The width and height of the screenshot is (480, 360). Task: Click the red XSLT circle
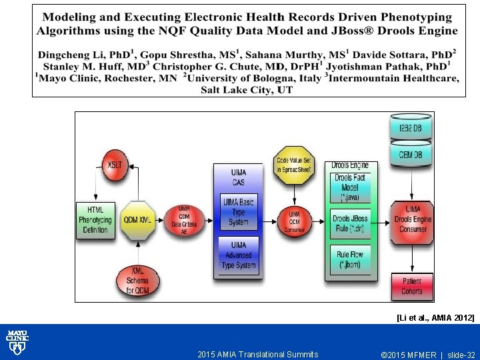[x=114, y=165]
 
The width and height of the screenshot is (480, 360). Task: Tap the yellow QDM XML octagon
[x=138, y=219]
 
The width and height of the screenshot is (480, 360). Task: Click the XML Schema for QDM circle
[x=138, y=281]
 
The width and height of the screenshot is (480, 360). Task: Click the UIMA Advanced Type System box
[x=238, y=255]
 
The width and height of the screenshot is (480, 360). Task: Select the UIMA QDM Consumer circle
[x=294, y=219]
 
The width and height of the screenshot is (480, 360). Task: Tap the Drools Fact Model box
[x=350, y=188]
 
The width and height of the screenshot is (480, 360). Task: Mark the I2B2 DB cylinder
[x=411, y=128]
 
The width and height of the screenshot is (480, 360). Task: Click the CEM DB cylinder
[x=411, y=154]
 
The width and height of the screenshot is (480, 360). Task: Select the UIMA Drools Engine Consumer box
[x=413, y=219]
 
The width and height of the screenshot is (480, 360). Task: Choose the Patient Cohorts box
[x=412, y=286]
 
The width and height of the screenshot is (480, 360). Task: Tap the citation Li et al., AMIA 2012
[x=435, y=318]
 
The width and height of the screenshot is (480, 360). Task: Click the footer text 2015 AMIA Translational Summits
[x=258, y=355]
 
